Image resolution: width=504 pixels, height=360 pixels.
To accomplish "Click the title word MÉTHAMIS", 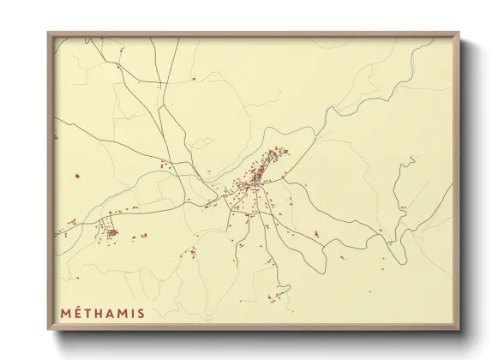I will coord(102,313).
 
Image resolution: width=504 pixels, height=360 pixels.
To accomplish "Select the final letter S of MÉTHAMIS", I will coord(139,313).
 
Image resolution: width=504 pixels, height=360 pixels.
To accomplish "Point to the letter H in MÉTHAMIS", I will coord(102,313).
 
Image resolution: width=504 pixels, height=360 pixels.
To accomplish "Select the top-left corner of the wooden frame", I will coord(49,33).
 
